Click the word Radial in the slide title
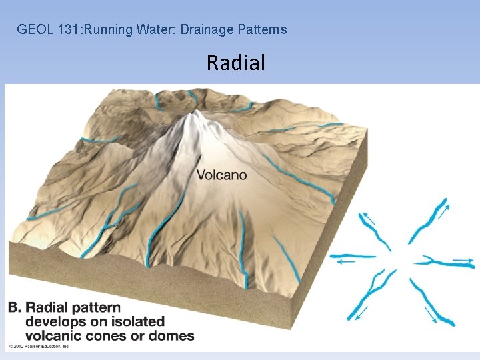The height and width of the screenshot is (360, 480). point(235,63)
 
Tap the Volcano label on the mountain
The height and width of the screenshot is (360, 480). point(221,175)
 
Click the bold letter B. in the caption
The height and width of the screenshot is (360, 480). point(15,308)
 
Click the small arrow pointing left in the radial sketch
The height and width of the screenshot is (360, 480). point(345,262)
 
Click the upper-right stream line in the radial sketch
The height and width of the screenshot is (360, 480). point(427,221)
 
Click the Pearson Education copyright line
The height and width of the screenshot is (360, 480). point(39,347)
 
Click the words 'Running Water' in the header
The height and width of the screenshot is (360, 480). point(126,29)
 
